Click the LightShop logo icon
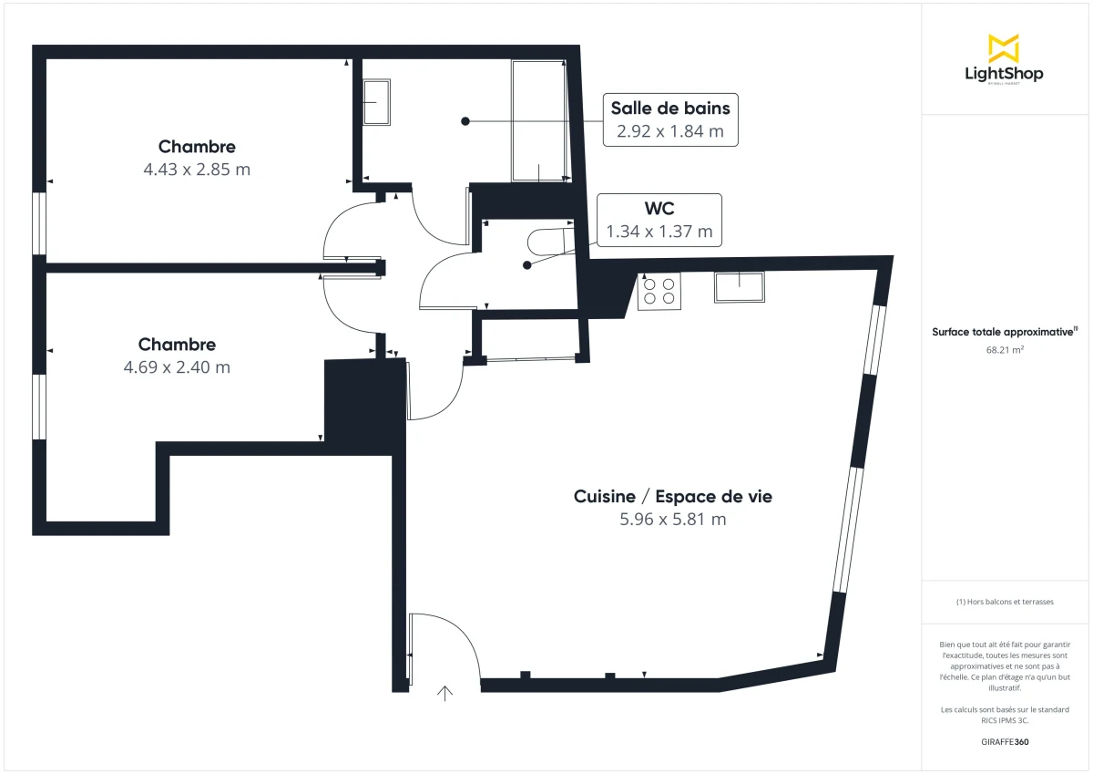[x=1003, y=48]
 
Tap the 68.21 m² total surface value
[x=1004, y=349]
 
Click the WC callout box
[x=659, y=220]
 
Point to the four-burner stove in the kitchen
[x=659, y=291]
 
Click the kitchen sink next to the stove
[x=739, y=287]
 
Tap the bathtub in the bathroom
[x=540, y=120]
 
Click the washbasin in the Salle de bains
[x=376, y=102]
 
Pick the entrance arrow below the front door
[x=445, y=694]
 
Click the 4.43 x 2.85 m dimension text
[x=197, y=169]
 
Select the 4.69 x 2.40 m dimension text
[x=177, y=367]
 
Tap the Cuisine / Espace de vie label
[x=672, y=497]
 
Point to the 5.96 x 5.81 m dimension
[x=672, y=520]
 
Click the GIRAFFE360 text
[x=1004, y=742]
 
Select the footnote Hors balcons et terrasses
[x=1004, y=602]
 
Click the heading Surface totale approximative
[x=1004, y=332]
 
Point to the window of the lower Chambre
[x=39, y=407]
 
